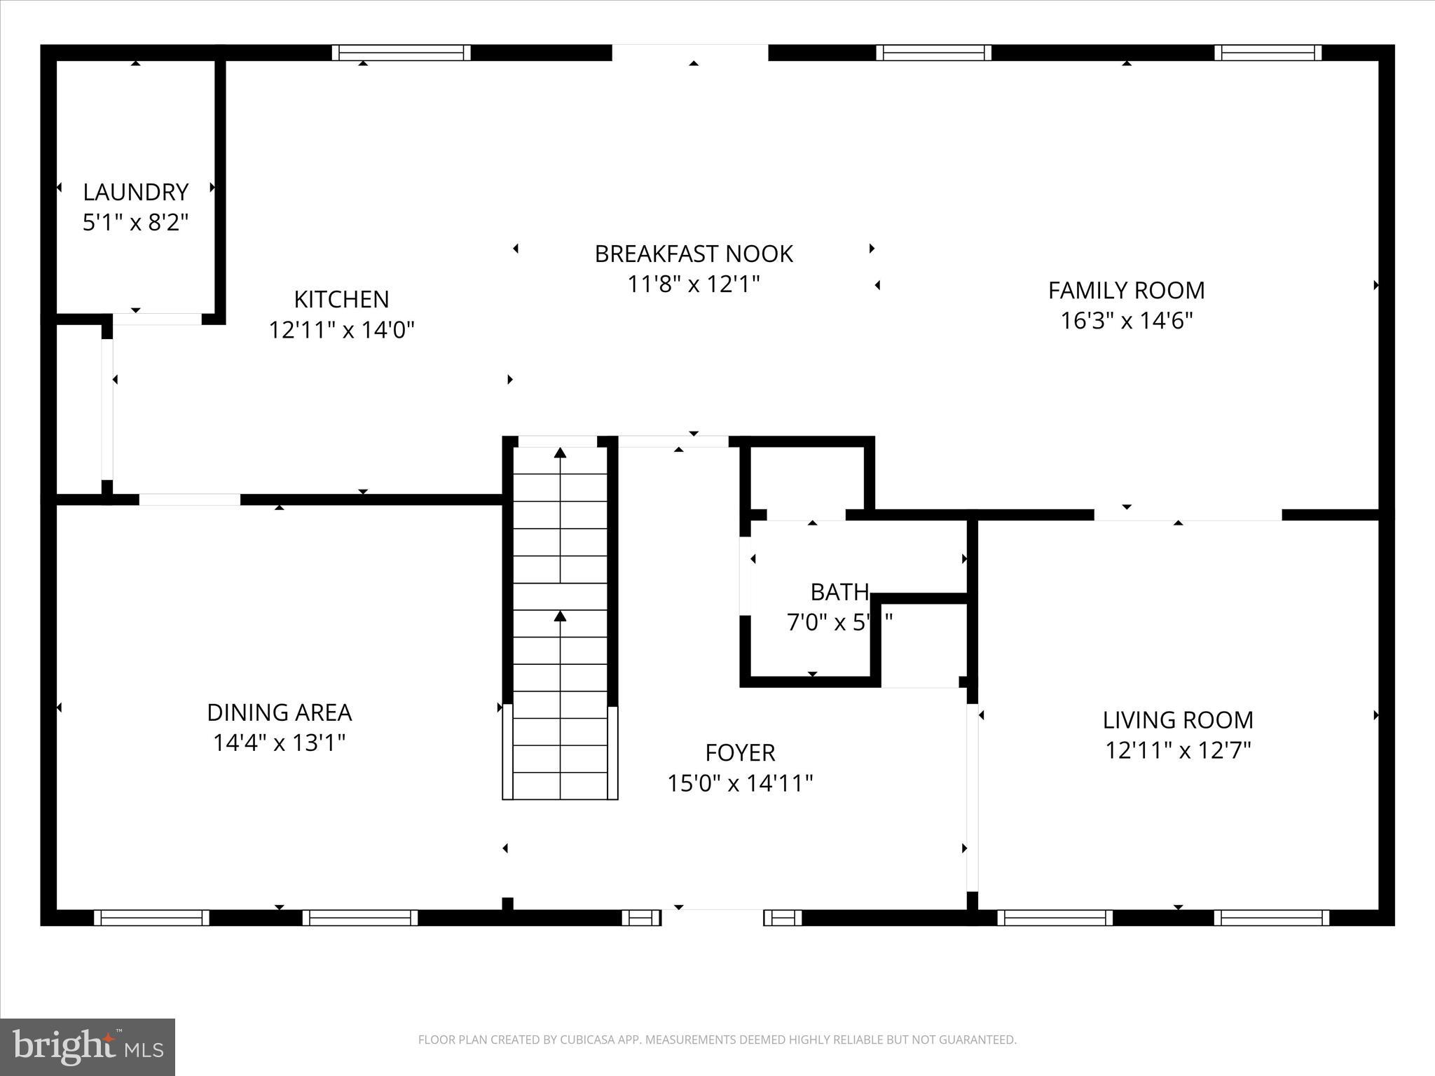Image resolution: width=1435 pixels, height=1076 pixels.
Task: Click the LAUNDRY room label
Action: pos(135,192)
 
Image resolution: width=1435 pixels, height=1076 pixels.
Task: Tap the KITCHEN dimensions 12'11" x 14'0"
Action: pos(341,330)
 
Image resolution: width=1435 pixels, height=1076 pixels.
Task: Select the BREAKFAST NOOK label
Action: pos(693,254)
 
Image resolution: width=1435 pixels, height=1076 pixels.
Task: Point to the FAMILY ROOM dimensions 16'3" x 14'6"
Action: pos(1126,321)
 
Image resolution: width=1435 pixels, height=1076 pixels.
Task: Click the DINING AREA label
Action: pos(279,712)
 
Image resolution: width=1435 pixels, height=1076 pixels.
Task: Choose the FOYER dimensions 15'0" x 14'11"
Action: pos(739,783)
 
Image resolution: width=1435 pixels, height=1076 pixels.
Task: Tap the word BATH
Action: pos(839,593)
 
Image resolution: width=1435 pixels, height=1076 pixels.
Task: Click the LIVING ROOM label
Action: pos(1178,720)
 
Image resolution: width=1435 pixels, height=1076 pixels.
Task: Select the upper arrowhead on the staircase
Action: pos(560,453)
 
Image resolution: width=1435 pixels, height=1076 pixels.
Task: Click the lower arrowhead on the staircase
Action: pos(560,616)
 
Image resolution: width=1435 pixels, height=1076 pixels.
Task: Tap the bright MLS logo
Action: pos(88,1047)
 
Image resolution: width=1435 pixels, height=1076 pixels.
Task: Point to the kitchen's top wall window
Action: pos(401,53)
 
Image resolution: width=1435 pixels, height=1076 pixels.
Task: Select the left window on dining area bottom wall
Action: pos(151,918)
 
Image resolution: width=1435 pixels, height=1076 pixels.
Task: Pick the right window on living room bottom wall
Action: pos(1271,918)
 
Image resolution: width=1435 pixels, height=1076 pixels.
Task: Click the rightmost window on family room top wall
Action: pos(1268,53)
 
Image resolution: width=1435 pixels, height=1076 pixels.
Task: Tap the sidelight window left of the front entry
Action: pos(641,918)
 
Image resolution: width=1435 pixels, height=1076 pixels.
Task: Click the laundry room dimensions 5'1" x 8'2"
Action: pos(135,223)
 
